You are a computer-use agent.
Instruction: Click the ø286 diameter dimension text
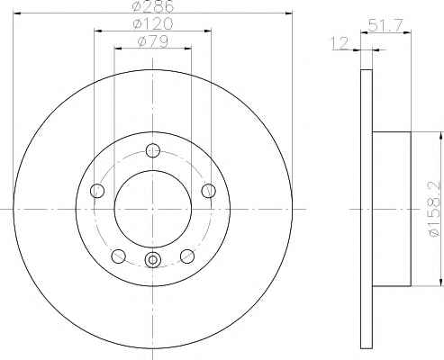153,6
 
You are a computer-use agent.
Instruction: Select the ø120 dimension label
153,23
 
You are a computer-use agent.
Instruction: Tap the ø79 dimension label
153,41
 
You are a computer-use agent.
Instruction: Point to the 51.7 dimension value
385,25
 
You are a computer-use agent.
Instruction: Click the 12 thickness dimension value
340,43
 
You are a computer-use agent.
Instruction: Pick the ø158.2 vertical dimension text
435,209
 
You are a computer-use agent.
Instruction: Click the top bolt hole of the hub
153,150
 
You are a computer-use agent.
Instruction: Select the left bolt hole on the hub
97,191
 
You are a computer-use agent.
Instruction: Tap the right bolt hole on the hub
208,191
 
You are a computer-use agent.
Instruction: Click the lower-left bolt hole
119,256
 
